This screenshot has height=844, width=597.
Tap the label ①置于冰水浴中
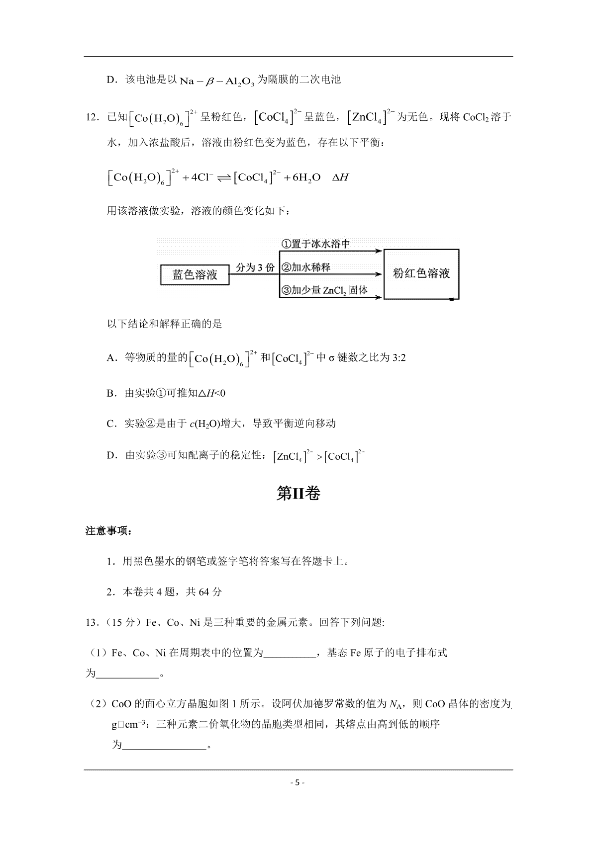(316, 244)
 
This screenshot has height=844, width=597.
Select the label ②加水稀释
(306, 267)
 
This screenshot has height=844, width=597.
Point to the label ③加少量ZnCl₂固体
(324, 291)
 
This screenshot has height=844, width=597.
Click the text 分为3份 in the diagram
(255, 267)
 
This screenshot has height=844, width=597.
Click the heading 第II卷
(298, 493)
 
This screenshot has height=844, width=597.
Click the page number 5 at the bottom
(298, 782)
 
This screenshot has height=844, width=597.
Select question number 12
(94, 118)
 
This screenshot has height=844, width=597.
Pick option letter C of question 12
(111, 424)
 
